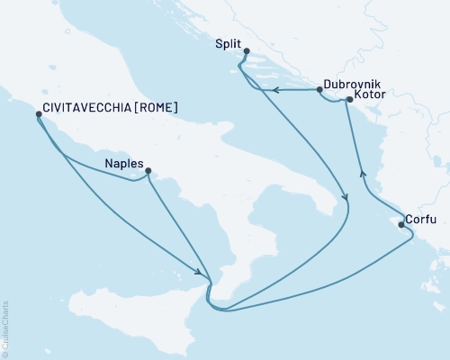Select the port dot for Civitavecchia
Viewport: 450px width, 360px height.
(x=38, y=114)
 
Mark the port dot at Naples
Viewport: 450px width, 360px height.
(x=148, y=171)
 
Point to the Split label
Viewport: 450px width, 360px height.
(x=229, y=43)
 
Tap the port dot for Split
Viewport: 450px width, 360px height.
(x=247, y=50)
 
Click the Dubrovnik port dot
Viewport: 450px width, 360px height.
(x=319, y=90)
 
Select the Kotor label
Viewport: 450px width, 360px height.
(x=371, y=94)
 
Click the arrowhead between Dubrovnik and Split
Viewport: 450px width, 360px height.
(x=277, y=89)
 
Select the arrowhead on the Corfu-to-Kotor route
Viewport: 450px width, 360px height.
(x=362, y=174)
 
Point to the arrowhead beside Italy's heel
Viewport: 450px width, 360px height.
(x=344, y=200)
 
